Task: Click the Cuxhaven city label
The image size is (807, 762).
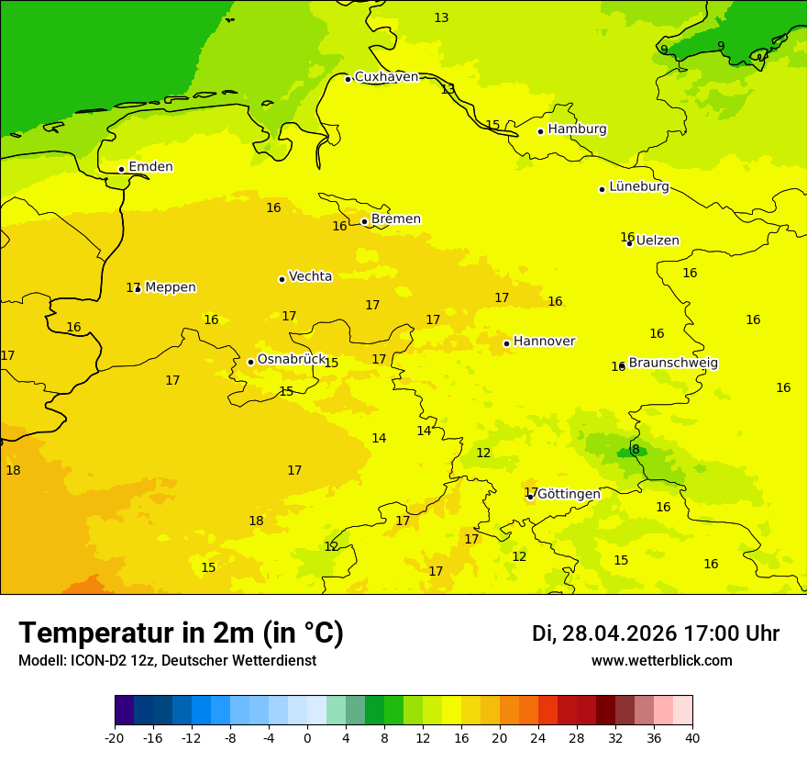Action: click(x=386, y=77)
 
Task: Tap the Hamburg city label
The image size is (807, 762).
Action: click(x=577, y=129)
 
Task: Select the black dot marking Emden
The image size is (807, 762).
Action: click(x=121, y=169)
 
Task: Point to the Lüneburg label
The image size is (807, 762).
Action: click(x=638, y=186)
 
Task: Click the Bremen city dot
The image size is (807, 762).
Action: click(x=364, y=221)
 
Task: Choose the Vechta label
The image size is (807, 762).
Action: click(x=310, y=276)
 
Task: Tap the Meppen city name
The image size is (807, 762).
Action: click(x=171, y=287)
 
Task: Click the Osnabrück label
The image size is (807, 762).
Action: click(x=292, y=359)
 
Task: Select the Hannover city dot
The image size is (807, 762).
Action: click(x=506, y=343)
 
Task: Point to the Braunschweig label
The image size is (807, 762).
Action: click(x=673, y=363)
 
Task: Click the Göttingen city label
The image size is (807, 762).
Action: click(x=569, y=494)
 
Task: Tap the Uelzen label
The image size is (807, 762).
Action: click(x=658, y=241)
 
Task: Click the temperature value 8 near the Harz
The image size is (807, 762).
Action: click(x=636, y=449)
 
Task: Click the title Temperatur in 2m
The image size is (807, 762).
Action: click(x=181, y=633)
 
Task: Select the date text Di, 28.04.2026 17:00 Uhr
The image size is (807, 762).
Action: click(x=656, y=633)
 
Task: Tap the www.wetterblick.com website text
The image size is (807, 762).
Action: click(x=661, y=660)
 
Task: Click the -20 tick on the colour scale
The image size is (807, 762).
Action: click(x=115, y=737)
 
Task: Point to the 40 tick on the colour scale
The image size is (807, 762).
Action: click(x=691, y=737)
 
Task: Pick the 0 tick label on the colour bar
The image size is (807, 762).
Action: click(x=307, y=737)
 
